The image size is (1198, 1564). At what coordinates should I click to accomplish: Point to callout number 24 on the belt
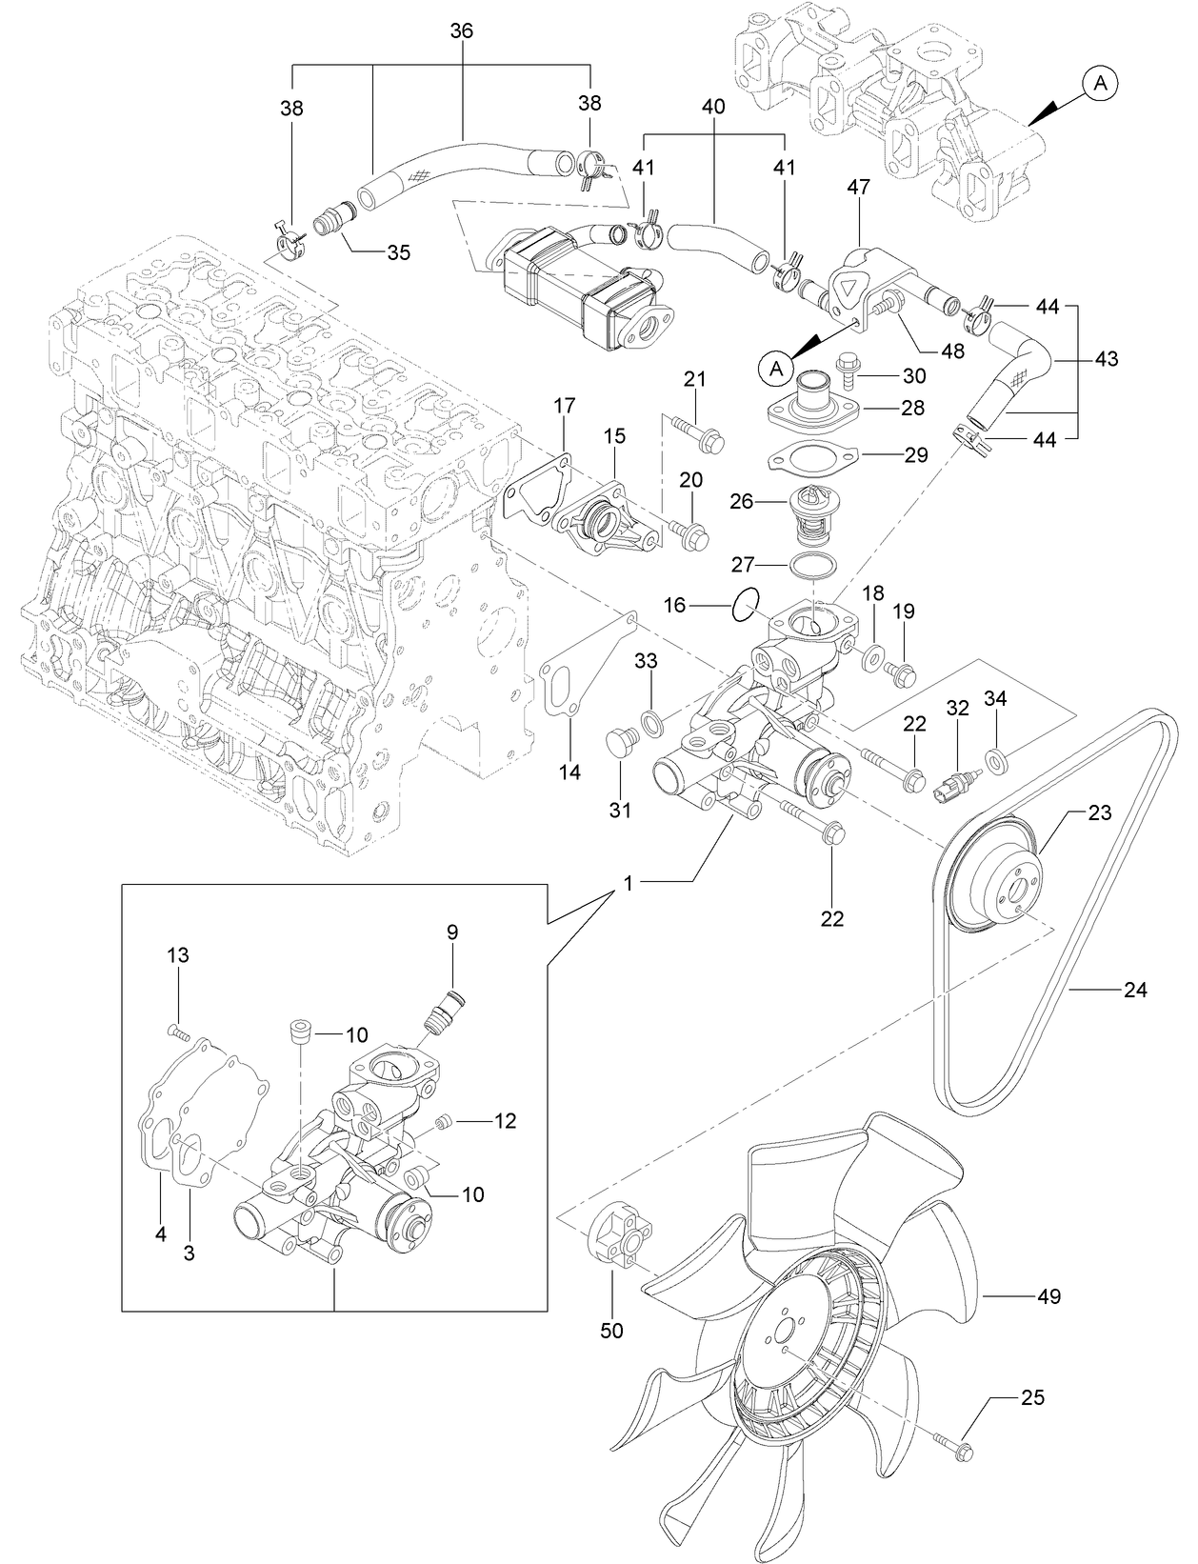click(1135, 991)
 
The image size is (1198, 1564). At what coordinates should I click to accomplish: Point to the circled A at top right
click(1100, 85)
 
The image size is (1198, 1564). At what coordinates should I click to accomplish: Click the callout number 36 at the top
click(461, 31)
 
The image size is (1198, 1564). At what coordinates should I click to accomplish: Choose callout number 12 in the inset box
click(505, 1121)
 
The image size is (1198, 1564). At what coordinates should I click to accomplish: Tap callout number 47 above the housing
click(859, 189)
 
